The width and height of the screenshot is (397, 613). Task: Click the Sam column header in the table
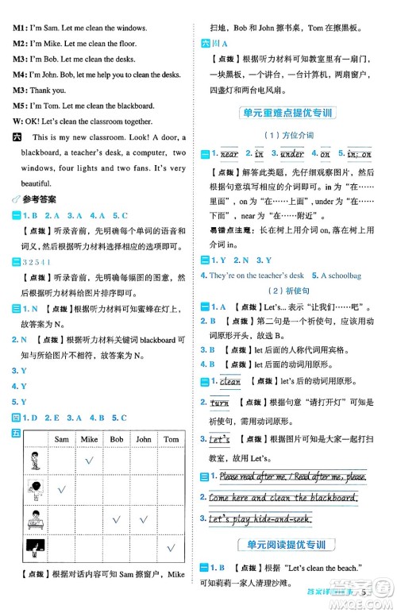coord(61,439)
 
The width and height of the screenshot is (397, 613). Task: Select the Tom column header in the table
coord(171,439)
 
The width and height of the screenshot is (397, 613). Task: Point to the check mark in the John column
coord(144,519)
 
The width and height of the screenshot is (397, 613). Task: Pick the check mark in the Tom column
coord(171,548)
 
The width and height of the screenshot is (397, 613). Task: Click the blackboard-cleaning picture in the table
coord(36,548)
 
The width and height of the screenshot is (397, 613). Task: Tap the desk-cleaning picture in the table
coord(36,519)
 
